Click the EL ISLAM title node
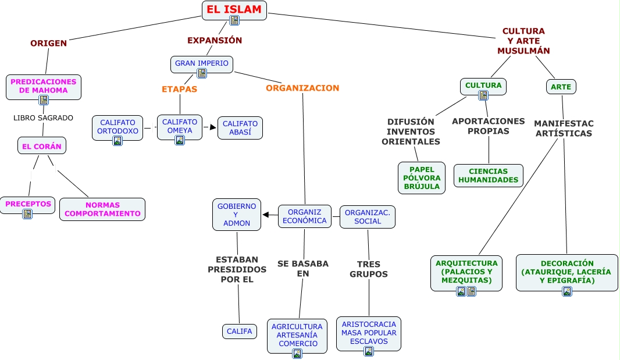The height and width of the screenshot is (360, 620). point(234,9)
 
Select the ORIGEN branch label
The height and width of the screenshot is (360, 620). point(49,43)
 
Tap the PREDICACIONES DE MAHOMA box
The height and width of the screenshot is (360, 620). point(44,86)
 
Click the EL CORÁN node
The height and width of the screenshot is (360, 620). point(42,146)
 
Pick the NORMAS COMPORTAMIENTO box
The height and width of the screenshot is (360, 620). point(102,209)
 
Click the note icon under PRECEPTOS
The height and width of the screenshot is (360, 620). point(27,214)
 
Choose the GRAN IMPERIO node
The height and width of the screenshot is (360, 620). point(202,63)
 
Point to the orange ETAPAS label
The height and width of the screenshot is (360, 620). point(179,89)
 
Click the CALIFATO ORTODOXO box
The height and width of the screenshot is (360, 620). point(117,127)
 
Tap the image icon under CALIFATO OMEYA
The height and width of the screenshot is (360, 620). point(180,140)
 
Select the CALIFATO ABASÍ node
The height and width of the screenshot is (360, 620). point(240,128)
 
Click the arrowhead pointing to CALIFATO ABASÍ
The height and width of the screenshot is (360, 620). point(213,127)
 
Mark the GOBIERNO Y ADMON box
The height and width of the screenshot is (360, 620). point(237,214)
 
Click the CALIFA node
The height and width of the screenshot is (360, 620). point(240,332)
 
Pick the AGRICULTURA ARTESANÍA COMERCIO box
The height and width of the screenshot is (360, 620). point(297,334)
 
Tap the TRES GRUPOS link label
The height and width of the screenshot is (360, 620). point(369,269)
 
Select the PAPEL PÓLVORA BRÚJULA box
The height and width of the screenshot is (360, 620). point(422,178)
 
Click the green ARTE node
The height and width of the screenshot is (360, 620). point(561,87)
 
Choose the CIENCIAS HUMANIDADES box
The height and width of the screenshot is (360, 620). point(489,176)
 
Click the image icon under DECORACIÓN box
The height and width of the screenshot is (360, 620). point(567,291)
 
